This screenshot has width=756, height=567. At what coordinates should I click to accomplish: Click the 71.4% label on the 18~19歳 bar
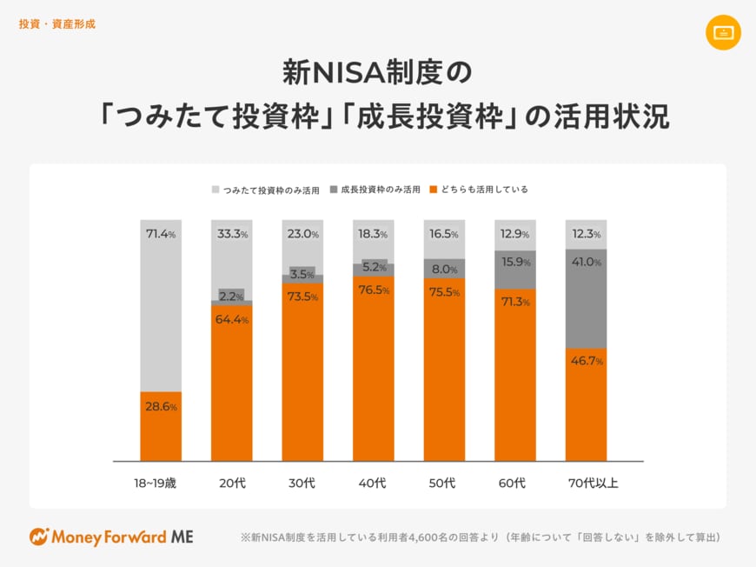161,234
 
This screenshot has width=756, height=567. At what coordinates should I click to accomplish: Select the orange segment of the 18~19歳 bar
161,426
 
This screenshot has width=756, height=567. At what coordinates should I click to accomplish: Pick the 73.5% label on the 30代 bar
302,297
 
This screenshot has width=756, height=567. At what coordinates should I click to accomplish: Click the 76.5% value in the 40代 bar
374,290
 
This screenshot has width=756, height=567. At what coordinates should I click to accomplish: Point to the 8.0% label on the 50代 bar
444,270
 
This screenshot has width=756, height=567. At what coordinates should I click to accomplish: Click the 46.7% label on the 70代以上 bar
587,361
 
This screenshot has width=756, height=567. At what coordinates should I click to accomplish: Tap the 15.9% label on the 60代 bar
515,262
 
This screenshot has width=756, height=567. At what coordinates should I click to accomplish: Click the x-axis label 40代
374,483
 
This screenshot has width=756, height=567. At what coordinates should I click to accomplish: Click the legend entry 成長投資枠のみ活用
380,189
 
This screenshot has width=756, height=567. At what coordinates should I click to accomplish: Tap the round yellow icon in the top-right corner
723,32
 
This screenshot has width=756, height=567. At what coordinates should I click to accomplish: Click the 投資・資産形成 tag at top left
56,24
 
